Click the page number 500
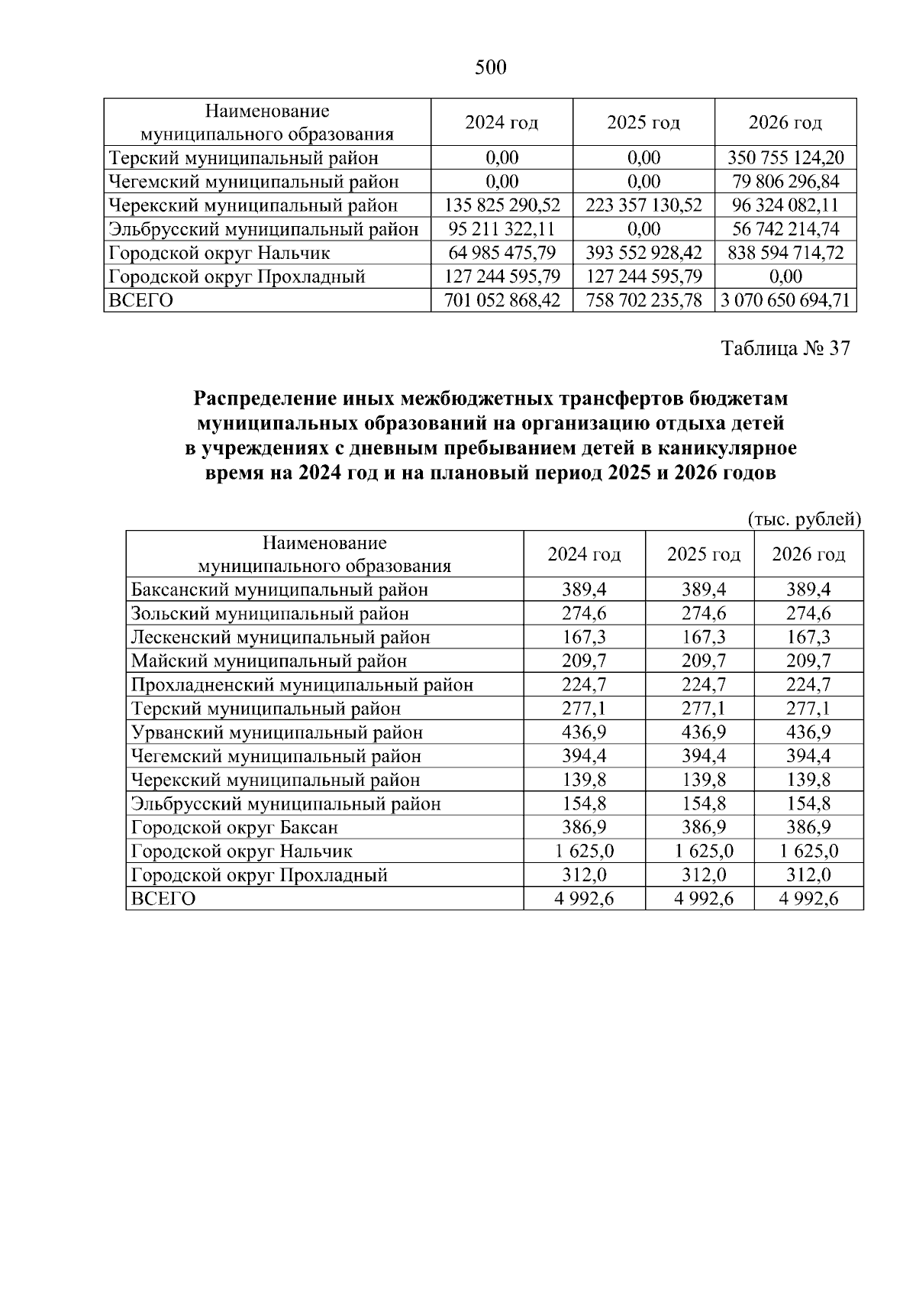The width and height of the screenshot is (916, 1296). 490,68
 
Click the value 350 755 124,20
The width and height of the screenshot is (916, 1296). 785,158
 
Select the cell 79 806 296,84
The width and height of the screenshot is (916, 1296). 785,182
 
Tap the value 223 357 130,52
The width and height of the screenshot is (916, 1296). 643,205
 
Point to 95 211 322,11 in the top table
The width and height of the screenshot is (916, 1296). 502,229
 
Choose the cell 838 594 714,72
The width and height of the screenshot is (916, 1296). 785,253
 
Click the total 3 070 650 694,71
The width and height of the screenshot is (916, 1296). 785,300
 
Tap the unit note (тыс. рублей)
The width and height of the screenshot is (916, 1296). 804,519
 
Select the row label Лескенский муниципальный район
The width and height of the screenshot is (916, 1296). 280,637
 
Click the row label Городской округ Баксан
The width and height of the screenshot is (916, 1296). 234,827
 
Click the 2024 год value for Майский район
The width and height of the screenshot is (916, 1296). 584,661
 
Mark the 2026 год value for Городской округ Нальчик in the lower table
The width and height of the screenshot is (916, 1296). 808,851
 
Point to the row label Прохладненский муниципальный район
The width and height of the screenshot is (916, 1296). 302,684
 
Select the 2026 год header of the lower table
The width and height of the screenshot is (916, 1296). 808,554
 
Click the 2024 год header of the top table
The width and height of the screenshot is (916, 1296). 502,123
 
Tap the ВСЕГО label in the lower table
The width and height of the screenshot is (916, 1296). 163,899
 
